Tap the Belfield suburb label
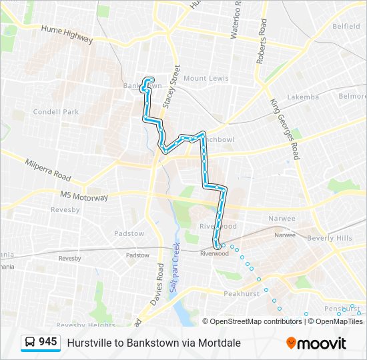(346, 27)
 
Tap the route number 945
(47, 342)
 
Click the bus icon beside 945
(30, 343)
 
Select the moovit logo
(316, 343)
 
